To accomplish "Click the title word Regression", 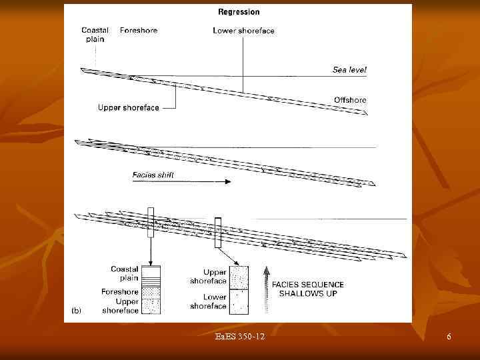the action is pos(239,12).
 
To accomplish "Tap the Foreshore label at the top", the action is pos(139,30).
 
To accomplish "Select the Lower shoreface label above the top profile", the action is pos(244,31).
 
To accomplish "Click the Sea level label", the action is pos(349,70).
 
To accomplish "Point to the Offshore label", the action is pos(350,100).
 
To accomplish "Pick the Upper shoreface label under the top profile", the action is pos(129,108).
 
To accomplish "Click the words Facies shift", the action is pos(153,175).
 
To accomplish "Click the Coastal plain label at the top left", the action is pos(95,35).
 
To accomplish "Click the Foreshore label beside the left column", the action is pos(120,292).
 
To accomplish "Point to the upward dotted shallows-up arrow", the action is pos(266,290).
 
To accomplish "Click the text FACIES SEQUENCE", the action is pos(308,285).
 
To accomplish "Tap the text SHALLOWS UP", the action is pos(308,293).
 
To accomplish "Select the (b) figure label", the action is pos(76,311).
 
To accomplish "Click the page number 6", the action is pos(449,337).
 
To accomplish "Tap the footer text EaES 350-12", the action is pos(240,337).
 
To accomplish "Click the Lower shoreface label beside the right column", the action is pos(208,301).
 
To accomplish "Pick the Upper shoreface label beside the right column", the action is pos(208,277).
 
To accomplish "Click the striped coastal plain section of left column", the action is pos(151,281).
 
